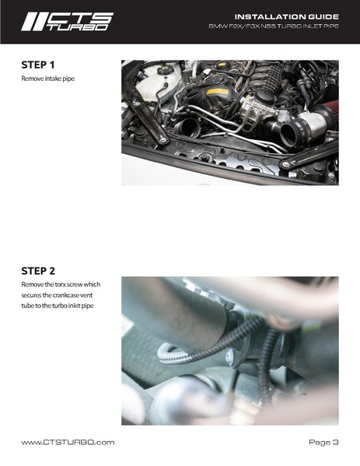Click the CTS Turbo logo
(67, 22)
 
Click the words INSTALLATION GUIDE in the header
(287, 16)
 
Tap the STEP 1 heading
(38, 65)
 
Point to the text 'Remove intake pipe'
(48, 79)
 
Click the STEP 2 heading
(38, 271)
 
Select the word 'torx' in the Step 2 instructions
(61, 285)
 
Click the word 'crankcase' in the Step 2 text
(65, 295)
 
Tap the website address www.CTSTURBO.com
(68, 442)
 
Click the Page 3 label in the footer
(323, 442)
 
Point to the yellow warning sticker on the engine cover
(218, 92)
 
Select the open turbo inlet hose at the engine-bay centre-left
(186, 128)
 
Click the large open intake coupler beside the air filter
(288, 133)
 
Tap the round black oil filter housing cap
(264, 96)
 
